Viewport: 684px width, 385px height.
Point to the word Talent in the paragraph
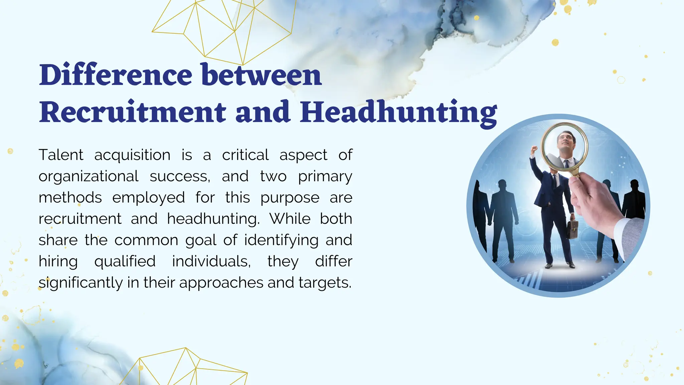[x=61, y=155]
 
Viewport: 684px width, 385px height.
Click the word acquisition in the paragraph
[x=132, y=155]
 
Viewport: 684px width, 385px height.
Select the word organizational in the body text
[x=89, y=176]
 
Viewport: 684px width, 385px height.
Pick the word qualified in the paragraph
[x=125, y=262]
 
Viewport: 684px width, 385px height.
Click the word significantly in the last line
[x=80, y=283]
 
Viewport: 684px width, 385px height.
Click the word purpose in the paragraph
[x=290, y=198]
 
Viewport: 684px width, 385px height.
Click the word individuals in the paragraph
[x=211, y=262]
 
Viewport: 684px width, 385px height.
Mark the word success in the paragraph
[x=180, y=176]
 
